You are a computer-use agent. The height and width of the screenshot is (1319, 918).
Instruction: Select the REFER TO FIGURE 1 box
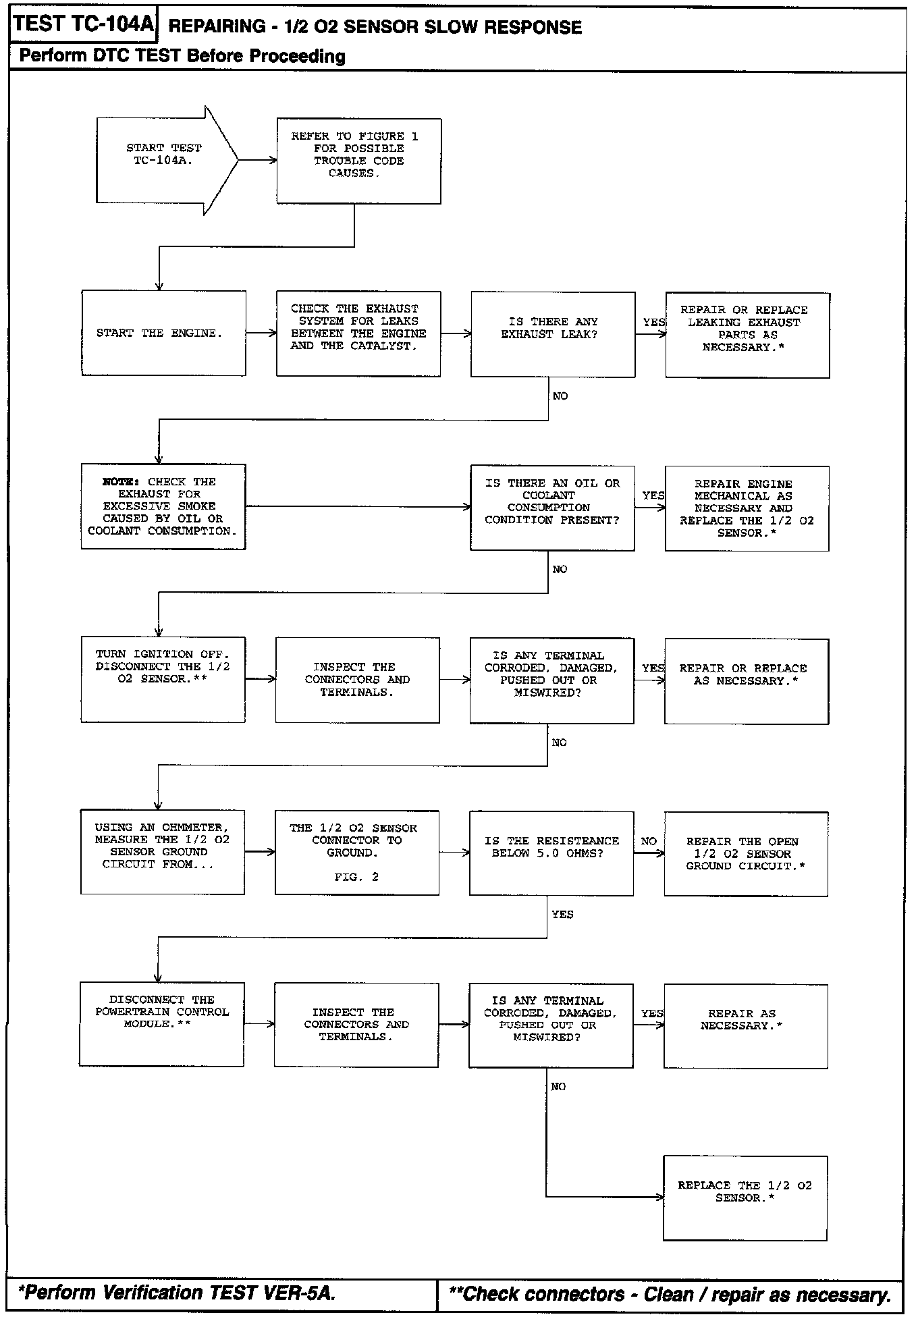[358, 161]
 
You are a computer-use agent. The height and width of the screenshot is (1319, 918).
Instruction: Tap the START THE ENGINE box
[163, 333]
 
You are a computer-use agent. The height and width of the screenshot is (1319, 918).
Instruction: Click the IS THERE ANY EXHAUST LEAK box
[553, 334]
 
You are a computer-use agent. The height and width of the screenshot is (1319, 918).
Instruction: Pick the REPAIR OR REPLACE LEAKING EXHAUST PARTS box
[747, 335]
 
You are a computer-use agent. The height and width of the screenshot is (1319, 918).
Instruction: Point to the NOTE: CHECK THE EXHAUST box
[163, 506]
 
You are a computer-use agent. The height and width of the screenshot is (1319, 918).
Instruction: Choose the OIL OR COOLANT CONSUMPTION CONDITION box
[552, 508]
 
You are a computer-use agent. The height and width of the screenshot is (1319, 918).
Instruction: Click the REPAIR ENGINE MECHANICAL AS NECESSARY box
[747, 508]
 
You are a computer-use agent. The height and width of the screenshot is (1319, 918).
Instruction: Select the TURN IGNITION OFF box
[163, 679]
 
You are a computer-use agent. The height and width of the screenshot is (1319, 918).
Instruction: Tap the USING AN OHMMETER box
[163, 852]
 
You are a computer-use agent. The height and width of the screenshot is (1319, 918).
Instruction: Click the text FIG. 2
[356, 877]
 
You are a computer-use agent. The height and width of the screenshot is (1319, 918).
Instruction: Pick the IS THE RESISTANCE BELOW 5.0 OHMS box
[551, 853]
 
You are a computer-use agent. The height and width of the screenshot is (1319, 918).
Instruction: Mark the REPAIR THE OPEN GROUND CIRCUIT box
[746, 854]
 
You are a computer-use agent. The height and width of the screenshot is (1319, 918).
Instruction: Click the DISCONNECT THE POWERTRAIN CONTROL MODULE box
[162, 1024]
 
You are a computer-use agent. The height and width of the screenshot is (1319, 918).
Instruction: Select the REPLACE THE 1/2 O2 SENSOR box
[745, 1197]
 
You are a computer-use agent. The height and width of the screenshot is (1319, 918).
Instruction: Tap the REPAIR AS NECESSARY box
[745, 1025]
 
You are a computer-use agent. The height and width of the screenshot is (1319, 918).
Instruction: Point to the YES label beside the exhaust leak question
[653, 322]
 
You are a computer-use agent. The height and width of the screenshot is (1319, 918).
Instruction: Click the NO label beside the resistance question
[649, 841]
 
